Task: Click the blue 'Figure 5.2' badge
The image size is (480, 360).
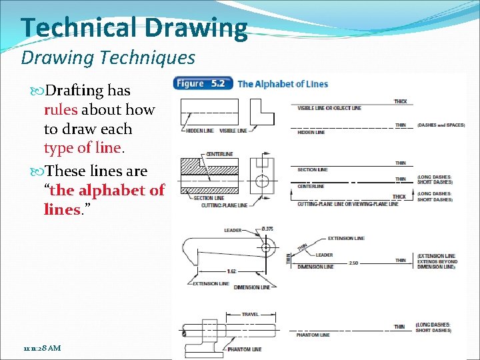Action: click(203, 84)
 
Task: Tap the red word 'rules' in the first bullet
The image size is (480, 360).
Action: click(61, 110)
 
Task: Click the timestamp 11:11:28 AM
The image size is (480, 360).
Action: click(41, 348)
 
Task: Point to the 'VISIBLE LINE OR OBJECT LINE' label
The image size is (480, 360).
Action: click(329, 108)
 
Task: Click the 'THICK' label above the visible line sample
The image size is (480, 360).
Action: click(400, 101)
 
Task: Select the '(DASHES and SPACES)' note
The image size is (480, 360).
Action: click(441, 125)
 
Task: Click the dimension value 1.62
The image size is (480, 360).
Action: click(231, 271)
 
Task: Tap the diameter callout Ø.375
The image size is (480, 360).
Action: click(267, 229)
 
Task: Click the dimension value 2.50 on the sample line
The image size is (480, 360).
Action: click(353, 263)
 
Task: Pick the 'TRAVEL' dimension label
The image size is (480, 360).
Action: click(250, 314)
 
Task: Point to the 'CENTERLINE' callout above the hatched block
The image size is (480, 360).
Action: click(219, 154)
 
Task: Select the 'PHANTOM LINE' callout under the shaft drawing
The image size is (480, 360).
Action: click(243, 349)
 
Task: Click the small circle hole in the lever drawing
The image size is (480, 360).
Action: click(267, 247)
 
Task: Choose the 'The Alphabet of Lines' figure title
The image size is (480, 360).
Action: click(283, 84)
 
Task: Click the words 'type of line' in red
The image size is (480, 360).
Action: click(82, 148)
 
